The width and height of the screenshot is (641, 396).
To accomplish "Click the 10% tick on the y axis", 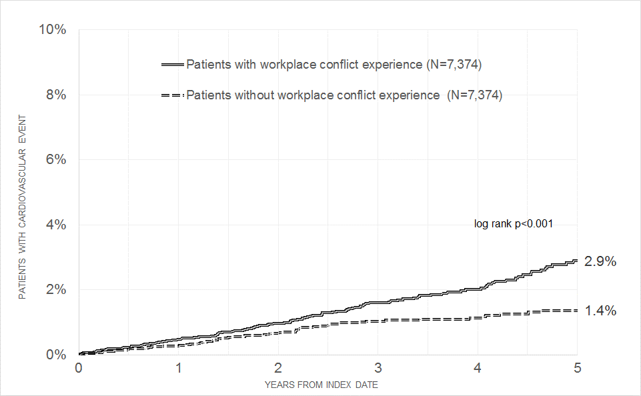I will pos(53,30).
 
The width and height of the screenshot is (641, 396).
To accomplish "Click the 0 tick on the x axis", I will pos(79,367).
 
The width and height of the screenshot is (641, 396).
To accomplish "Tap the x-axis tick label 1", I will pos(179,367).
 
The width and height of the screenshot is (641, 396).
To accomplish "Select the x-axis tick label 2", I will pos(278,367).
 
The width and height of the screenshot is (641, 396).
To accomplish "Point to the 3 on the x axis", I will pos(378,367).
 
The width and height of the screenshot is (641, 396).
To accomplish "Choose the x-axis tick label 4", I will pos(478,367).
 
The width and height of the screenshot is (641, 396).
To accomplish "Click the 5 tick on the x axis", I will pos(578,367).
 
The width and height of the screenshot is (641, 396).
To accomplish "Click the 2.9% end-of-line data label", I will pos(600,261).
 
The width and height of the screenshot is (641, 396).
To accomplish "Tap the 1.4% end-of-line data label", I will pos(600,311).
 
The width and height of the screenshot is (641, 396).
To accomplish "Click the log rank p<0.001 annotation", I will pos(513,224).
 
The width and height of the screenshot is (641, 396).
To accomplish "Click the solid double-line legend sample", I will pos(172,65).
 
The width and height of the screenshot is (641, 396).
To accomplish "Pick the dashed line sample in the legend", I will pos(172,95).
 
